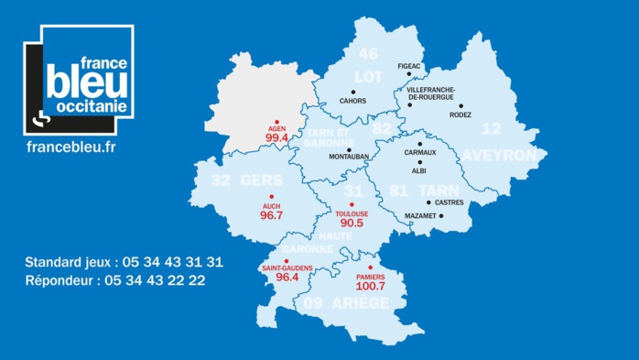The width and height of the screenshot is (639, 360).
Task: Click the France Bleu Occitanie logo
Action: [80, 80]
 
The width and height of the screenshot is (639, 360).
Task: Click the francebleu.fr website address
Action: [71, 147]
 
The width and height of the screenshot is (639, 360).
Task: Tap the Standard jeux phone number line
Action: [124, 262]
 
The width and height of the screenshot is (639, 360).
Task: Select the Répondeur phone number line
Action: [114, 281]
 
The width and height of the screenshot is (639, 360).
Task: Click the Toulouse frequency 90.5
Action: [352, 223]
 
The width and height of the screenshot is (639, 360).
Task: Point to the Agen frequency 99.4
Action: [276, 137]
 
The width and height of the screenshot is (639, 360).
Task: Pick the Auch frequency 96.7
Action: [271, 215]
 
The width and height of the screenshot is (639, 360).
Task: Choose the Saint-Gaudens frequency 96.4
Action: [287, 277]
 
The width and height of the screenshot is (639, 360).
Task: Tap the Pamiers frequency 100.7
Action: [371, 286]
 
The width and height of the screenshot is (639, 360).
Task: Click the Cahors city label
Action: [352, 101]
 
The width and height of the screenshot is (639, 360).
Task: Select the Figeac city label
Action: [410, 67]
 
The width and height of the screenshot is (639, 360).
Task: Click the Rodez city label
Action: [461, 116]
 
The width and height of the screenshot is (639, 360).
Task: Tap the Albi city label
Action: [419, 170]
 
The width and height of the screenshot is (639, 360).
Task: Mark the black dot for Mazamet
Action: [441, 216]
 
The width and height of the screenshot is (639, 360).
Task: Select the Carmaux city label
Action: [420, 153]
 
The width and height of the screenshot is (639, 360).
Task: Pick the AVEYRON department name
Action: [499, 156]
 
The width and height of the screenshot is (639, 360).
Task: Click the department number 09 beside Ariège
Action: [313, 303]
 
